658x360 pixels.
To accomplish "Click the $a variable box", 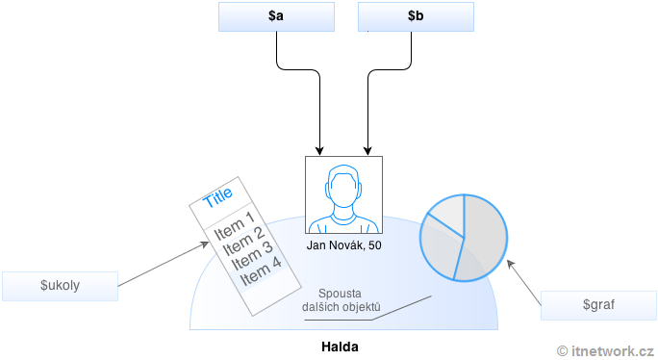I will coord(276,16).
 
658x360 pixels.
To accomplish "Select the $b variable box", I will coord(415,16).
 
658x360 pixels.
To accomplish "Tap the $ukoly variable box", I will coord(60,286).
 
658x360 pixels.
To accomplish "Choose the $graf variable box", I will coord(598,304).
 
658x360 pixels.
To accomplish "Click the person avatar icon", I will coord(343,194).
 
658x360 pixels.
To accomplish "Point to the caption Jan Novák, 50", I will coord(343,245).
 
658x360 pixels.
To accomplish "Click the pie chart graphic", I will coord(464,238).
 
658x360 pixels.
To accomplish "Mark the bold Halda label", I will coord(343,345).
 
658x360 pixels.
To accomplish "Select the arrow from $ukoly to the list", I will coord(164,263).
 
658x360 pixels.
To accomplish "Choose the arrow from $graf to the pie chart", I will coord(525,282).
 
